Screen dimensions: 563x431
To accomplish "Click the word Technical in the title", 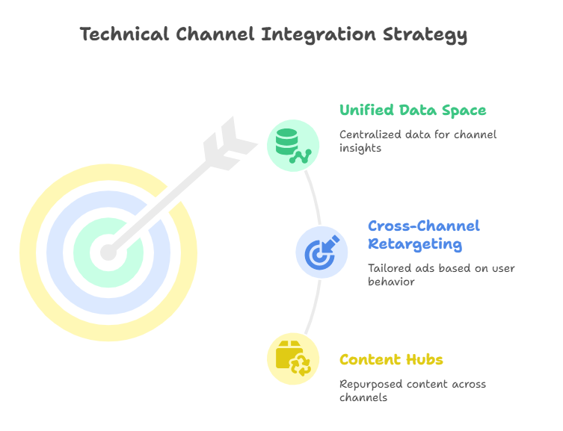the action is coord(124,34).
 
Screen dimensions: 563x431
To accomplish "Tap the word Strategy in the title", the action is coord(425,36).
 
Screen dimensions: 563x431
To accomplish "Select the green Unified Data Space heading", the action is coord(413,110).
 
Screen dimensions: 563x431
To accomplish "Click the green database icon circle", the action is coord(293,145).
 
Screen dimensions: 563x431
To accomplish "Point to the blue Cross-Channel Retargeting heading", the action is coord(424,235).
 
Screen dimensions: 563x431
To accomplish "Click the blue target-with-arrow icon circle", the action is coord(322,252).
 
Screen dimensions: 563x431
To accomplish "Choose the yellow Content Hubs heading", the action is coord(391,359).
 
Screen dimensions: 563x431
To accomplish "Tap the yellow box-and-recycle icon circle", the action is coord(293,359).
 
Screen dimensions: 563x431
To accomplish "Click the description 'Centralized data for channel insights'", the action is coord(418,141).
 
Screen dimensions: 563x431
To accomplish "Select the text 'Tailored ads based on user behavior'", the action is coord(441,275).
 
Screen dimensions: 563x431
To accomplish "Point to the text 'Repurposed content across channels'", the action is coord(413,391).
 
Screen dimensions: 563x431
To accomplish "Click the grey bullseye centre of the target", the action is coord(108,252).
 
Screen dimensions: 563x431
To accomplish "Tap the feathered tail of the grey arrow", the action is coord(230,143).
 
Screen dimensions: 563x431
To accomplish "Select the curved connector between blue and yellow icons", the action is coord(315,308).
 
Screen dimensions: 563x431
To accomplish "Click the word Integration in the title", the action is coord(319,35).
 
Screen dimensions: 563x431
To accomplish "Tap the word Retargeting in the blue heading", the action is coord(415,244).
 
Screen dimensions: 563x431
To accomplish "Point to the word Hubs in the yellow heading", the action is coord(425,359).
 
